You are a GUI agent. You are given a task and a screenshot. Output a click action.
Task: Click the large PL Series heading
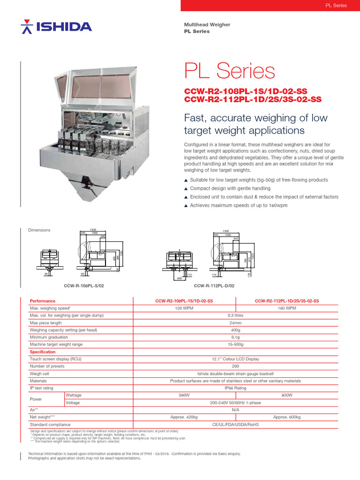coord(229,71)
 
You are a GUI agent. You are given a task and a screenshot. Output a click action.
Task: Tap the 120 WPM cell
coord(184,308)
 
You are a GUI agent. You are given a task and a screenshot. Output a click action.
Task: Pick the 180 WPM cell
coord(287,308)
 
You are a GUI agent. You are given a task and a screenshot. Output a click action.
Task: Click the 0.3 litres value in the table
coord(235,315)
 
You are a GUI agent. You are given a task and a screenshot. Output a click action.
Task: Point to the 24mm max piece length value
coord(235,323)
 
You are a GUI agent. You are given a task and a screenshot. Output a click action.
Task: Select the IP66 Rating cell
coord(235,388)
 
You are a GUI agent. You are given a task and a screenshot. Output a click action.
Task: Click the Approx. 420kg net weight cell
coord(184,417)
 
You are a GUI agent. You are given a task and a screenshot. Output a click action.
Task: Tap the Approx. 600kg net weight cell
coord(287,417)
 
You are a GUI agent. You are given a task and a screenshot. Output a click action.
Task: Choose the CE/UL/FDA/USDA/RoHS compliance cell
coord(235,424)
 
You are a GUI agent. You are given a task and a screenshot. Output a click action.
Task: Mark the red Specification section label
coord(43,352)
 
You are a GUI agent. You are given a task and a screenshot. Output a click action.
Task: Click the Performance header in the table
coord(43,301)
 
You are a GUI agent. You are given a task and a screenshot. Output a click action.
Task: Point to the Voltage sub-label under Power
coord(73,403)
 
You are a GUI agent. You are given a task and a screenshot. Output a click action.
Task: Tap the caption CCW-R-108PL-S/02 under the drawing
coord(83,285)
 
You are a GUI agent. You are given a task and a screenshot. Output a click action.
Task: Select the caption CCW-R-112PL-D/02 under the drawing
coord(214,285)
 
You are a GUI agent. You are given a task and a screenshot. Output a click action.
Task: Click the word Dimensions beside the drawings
coord(40,230)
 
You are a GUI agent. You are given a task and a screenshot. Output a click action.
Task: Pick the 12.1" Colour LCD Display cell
coord(235,359)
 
